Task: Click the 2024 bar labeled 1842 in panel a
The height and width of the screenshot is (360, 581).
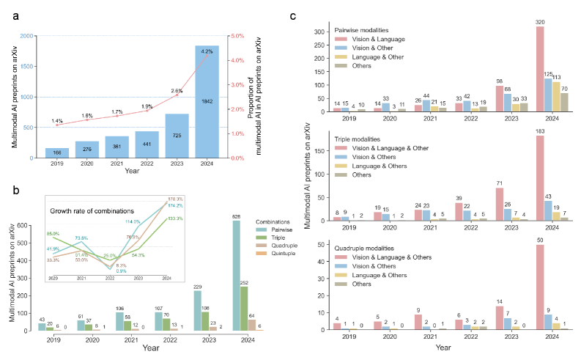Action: click(206, 102)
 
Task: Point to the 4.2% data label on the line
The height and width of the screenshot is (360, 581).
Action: click(207, 51)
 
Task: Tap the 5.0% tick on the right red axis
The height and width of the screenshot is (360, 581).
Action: click(238, 35)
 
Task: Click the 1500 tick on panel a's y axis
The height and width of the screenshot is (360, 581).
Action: click(27, 66)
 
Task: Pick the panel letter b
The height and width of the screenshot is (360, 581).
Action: click(14, 189)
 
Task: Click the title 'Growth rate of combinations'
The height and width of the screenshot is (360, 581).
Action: click(87, 211)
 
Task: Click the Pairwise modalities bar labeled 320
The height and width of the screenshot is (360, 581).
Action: click(541, 67)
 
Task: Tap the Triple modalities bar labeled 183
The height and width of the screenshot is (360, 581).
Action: click(541, 177)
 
